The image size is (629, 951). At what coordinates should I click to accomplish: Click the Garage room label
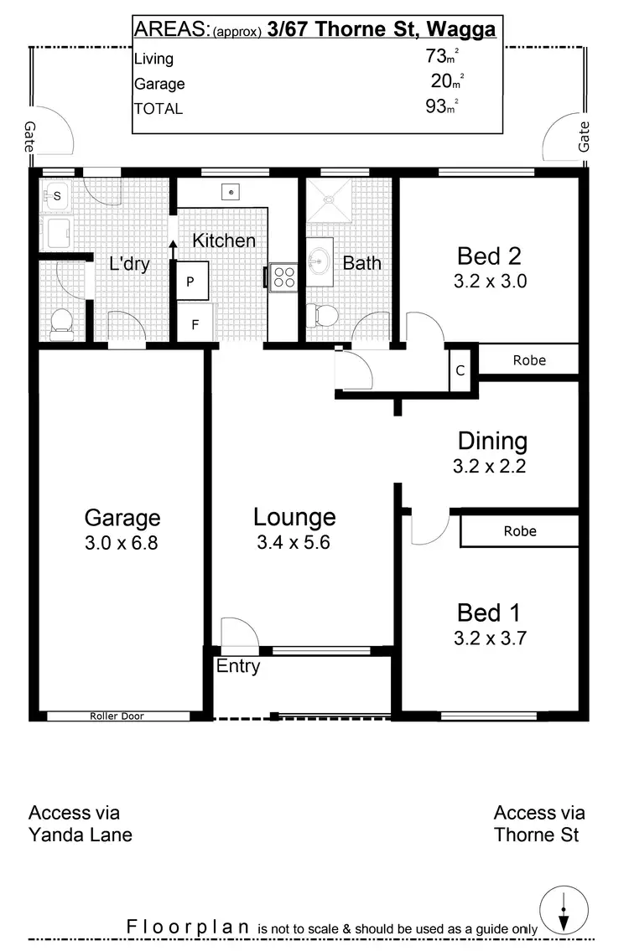coord(122,517)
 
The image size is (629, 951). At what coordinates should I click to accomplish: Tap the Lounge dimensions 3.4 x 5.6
coord(294,542)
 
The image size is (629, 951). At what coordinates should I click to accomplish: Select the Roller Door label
coord(117,716)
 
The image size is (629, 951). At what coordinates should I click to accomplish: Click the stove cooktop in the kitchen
coord(283,277)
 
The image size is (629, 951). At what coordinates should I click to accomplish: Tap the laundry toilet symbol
coord(62,323)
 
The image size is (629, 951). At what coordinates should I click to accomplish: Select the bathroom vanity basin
coord(320,261)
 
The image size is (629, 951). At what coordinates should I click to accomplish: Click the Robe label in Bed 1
coord(520,531)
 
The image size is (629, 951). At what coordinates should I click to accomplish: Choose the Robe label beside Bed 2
coord(528,360)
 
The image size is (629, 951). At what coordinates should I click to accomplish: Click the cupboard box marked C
coord(460,370)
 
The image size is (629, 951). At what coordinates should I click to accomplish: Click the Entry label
coord(238,667)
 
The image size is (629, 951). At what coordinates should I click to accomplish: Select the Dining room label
coord(492,441)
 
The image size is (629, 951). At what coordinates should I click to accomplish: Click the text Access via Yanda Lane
coord(81,824)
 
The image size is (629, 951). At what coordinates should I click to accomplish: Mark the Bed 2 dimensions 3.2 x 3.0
coord(490,282)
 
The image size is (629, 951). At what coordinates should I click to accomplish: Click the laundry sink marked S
coord(57,197)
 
